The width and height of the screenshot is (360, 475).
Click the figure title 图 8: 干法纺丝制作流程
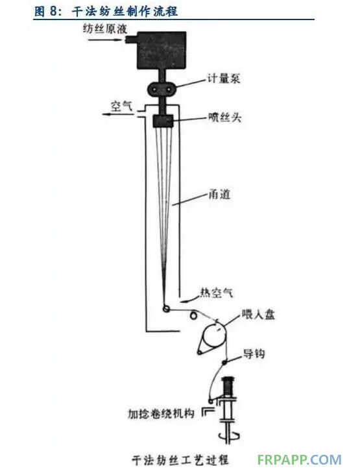click(106, 11)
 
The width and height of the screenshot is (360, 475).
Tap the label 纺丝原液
click(105, 29)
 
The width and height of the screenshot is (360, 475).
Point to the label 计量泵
click(223, 79)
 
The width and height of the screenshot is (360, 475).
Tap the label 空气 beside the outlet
click(122, 106)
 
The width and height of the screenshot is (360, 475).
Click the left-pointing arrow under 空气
click(117, 114)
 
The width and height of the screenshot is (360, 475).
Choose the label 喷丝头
click(224, 117)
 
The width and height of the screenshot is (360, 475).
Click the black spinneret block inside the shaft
click(163, 121)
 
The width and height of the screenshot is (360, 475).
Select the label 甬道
click(219, 193)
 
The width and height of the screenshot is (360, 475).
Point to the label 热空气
click(217, 292)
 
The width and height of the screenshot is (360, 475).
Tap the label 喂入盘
click(258, 314)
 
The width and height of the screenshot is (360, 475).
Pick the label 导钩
click(254, 353)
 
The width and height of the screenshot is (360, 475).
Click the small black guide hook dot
click(225, 361)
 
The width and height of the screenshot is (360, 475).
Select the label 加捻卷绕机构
click(161, 413)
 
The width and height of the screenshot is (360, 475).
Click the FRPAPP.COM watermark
click(300, 459)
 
